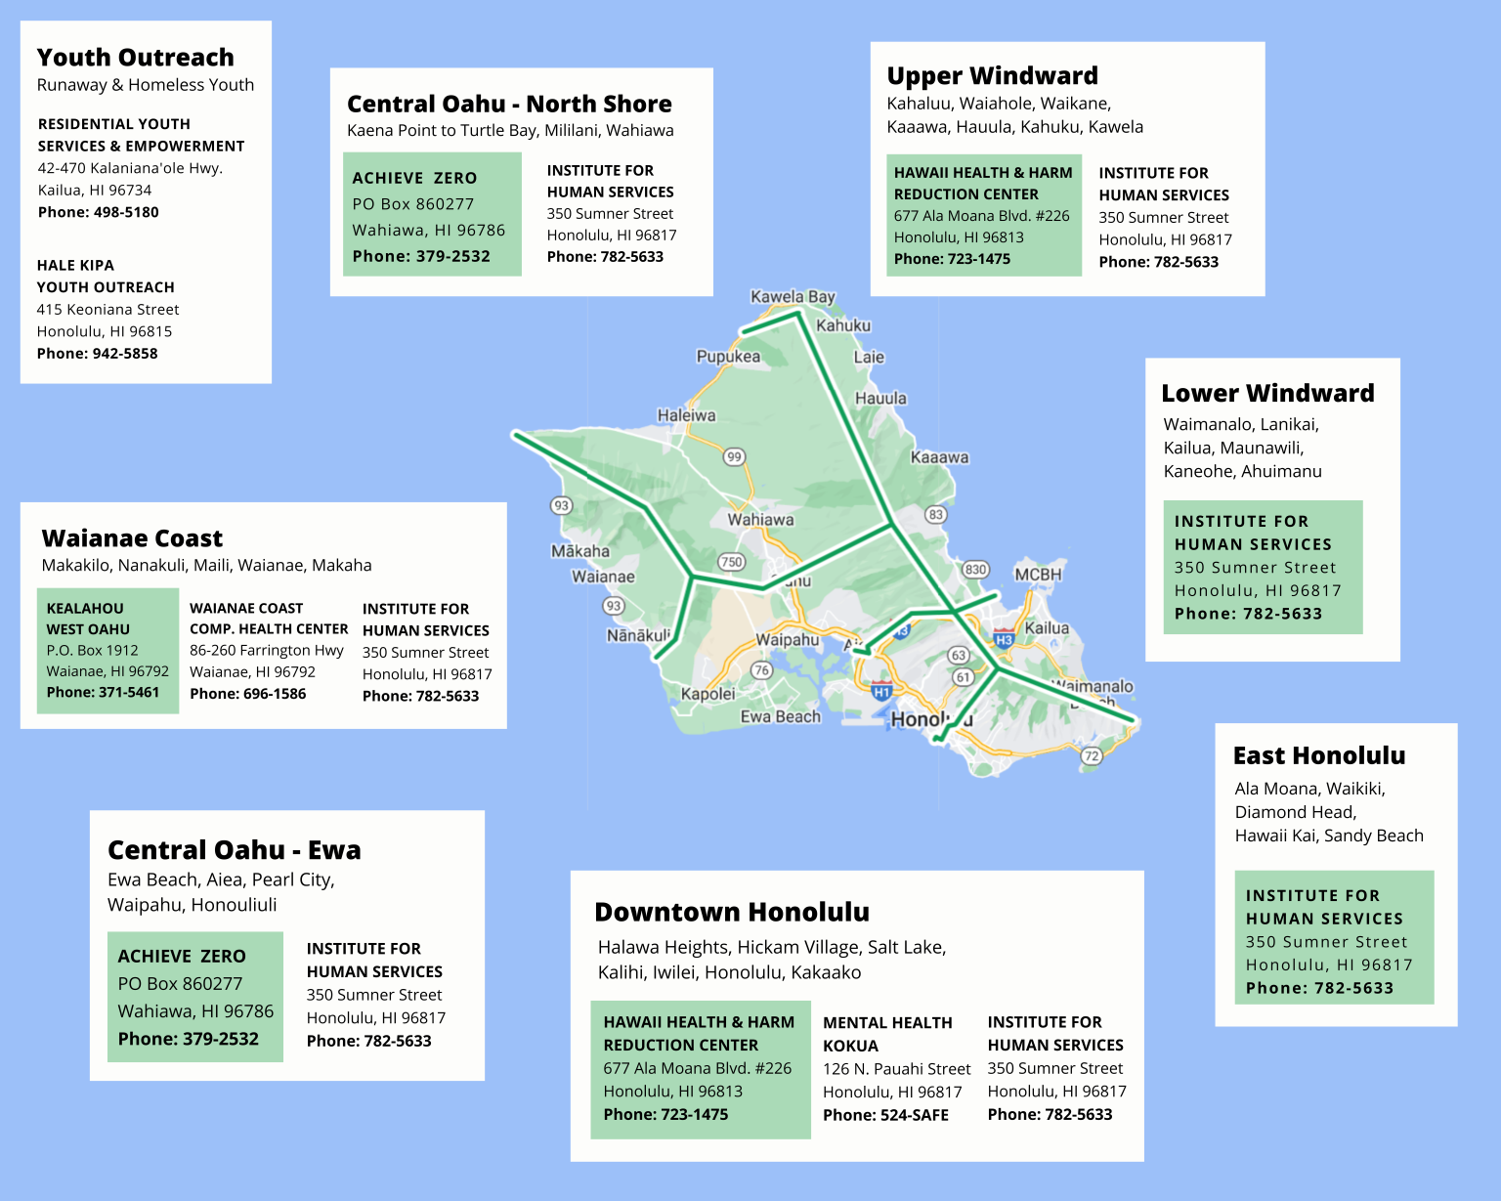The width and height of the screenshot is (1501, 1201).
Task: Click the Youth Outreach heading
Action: tap(135, 58)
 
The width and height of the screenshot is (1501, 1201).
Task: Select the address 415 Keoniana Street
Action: tap(107, 310)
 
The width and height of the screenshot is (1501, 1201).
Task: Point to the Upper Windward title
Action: tap(992, 76)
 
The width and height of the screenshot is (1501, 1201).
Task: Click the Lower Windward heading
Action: tap(1267, 394)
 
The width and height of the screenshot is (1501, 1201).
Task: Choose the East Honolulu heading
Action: tap(1318, 756)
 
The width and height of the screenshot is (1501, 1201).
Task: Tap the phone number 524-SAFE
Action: tap(885, 1115)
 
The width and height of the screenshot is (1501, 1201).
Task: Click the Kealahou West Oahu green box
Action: tap(107, 650)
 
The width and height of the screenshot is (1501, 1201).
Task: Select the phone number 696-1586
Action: tap(247, 694)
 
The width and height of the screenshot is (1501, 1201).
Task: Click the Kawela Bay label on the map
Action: tap(793, 297)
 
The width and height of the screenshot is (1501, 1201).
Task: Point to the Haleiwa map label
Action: tap(686, 415)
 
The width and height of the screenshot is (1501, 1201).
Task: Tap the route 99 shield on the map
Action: tap(734, 456)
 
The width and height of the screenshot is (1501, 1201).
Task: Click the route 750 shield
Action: tap(731, 562)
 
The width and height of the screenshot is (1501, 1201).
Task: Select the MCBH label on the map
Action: tap(1037, 575)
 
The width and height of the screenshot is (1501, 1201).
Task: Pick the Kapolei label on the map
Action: tap(708, 694)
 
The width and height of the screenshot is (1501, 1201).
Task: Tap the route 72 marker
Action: tap(1092, 755)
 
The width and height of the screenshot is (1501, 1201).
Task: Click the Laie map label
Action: tap(869, 358)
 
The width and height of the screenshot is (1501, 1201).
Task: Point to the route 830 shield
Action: tap(975, 570)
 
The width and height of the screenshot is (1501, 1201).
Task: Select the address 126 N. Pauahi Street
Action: tap(896, 1069)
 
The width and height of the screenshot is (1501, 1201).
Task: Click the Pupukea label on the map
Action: tap(728, 357)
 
